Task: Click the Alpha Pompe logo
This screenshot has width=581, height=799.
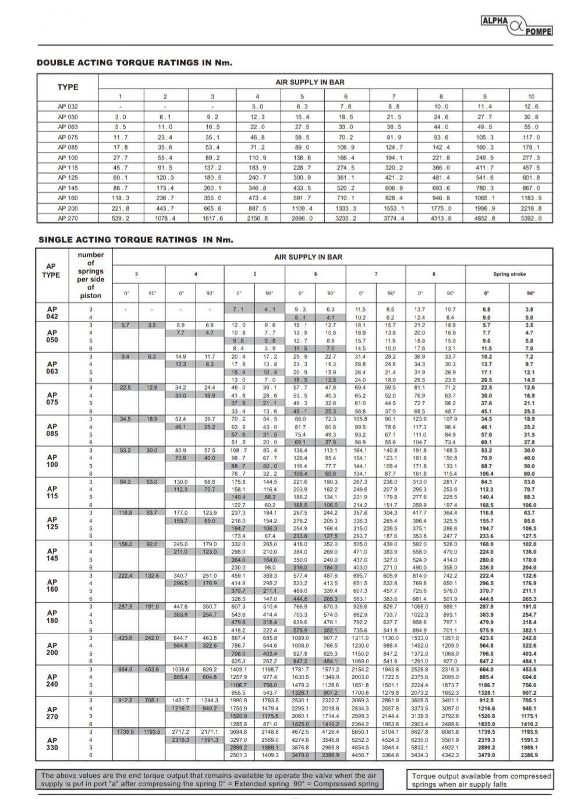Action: coord(516,26)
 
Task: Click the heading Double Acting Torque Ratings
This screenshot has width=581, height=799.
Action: coord(134,63)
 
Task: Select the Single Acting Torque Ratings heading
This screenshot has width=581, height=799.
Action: coord(136,239)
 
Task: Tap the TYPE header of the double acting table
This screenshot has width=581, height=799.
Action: coord(68,87)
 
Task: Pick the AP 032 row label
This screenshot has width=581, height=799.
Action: coord(68,107)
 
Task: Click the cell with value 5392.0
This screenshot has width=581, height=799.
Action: coord(530,218)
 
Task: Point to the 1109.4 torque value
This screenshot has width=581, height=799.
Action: coord(302,208)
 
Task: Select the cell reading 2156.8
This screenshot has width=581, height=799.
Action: coord(257,218)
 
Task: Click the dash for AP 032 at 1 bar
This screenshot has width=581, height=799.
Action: coord(121,107)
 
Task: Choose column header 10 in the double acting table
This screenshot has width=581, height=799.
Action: coord(531,96)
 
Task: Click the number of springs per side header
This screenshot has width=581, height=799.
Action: coord(90,275)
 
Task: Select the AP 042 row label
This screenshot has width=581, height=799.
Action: coord(52,313)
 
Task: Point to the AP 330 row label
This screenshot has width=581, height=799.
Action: coord(52,744)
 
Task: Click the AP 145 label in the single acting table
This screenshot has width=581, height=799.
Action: coord(52,555)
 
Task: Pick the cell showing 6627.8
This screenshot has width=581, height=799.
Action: coord(420,731)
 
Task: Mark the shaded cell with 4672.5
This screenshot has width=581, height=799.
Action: coord(300,731)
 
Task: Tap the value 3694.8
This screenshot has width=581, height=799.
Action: coord(239,731)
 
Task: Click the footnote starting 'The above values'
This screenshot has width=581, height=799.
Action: coord(210,779)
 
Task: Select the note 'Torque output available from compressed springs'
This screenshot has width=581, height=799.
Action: coord(480,780)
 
